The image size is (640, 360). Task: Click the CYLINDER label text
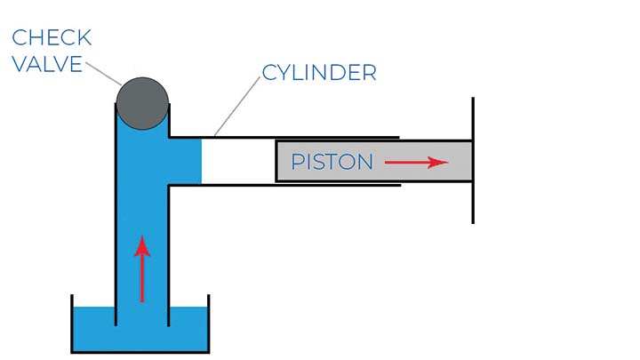click(318, 72)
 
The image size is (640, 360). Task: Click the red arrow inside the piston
click(415, 162)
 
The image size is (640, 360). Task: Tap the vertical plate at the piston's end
click(473, 160)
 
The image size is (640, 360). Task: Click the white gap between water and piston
click(238, 161)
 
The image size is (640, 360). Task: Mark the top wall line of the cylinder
click(284, 137)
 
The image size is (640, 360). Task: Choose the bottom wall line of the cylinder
click(284, 185)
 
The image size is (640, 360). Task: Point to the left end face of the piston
click(276, 161)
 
